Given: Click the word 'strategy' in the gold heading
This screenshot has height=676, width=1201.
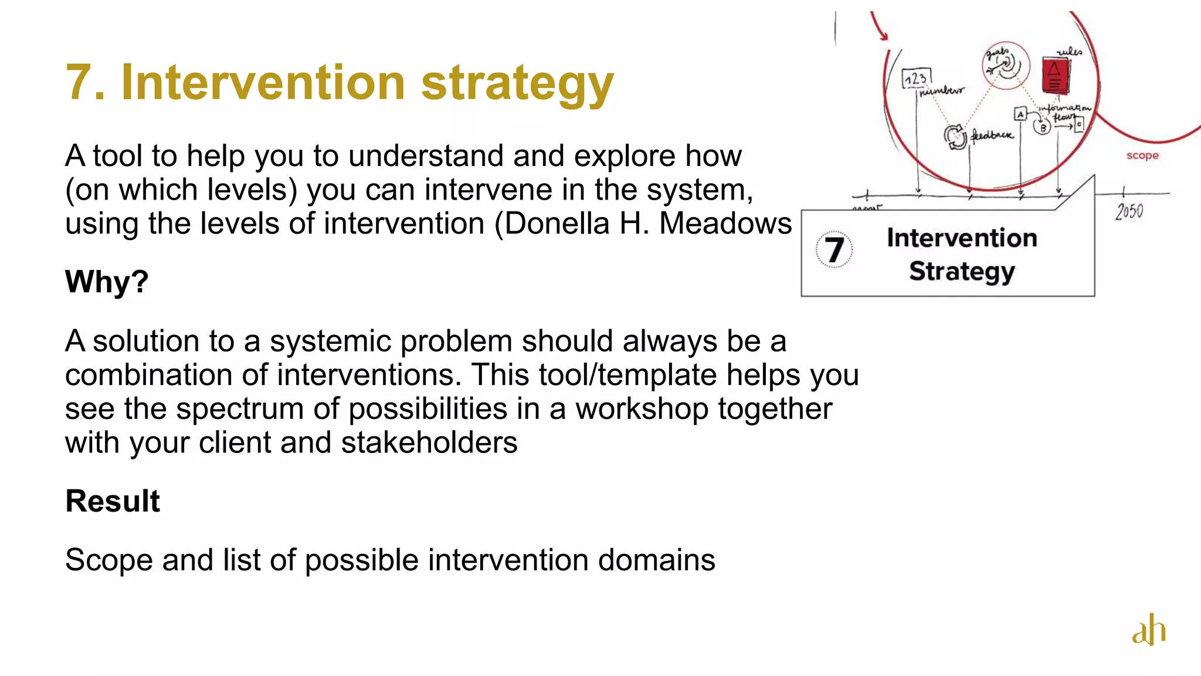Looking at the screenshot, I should click(517, 83).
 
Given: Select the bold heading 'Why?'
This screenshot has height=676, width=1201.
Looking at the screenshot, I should click(107, 282).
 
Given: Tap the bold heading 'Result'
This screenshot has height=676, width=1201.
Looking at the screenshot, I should click(113, 501).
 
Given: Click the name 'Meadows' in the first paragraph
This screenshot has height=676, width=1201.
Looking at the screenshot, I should click(725, 224).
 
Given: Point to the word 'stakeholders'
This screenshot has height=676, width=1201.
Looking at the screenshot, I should click(429, 442).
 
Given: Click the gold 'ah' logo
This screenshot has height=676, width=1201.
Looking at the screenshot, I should click(1149, 630).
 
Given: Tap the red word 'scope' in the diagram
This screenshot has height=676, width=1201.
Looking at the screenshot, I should click(1142, 156).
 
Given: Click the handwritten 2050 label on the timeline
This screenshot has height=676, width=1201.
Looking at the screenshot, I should click(1129, 211).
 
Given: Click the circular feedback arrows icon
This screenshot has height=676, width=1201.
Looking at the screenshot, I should click(955, 137).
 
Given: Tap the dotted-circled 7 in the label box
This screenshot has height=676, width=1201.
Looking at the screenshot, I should click(833, 249).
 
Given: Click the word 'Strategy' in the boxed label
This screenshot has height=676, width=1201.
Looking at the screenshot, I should click(962, 271).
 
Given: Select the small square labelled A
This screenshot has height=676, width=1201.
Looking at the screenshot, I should click(1020, 114).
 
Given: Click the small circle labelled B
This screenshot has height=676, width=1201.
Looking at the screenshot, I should click(1042, 127).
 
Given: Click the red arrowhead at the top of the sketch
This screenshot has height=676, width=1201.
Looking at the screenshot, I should click(884, 35).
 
